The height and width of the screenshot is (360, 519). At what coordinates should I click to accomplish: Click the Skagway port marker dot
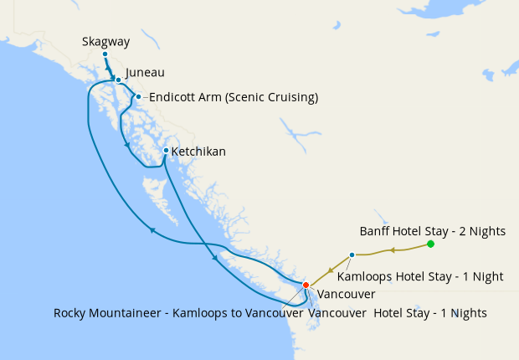pos(105,54)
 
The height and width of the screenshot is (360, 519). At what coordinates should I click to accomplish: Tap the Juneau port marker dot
pos(118,80)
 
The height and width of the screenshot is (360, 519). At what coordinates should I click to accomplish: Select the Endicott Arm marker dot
pos(138,96)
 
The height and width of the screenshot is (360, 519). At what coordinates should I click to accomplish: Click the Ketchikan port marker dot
pos(166,151)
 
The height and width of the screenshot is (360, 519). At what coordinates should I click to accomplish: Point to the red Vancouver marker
pos(306,285)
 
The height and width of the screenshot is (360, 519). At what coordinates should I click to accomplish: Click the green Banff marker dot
pos(430,244)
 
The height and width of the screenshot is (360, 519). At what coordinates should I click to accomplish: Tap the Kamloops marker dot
pos(352,255)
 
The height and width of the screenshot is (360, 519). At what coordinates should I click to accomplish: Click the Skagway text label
pos(106,41)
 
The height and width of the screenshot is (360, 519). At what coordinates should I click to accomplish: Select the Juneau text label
pos(143,73)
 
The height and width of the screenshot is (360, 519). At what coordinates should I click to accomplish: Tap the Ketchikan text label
pos(198,152)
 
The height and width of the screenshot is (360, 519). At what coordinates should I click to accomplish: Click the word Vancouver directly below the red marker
pos(346,294)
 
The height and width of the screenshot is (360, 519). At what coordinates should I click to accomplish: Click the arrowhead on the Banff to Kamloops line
pos(389,249)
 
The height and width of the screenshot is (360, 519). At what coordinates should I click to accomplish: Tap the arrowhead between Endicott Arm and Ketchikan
pos(128,144)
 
